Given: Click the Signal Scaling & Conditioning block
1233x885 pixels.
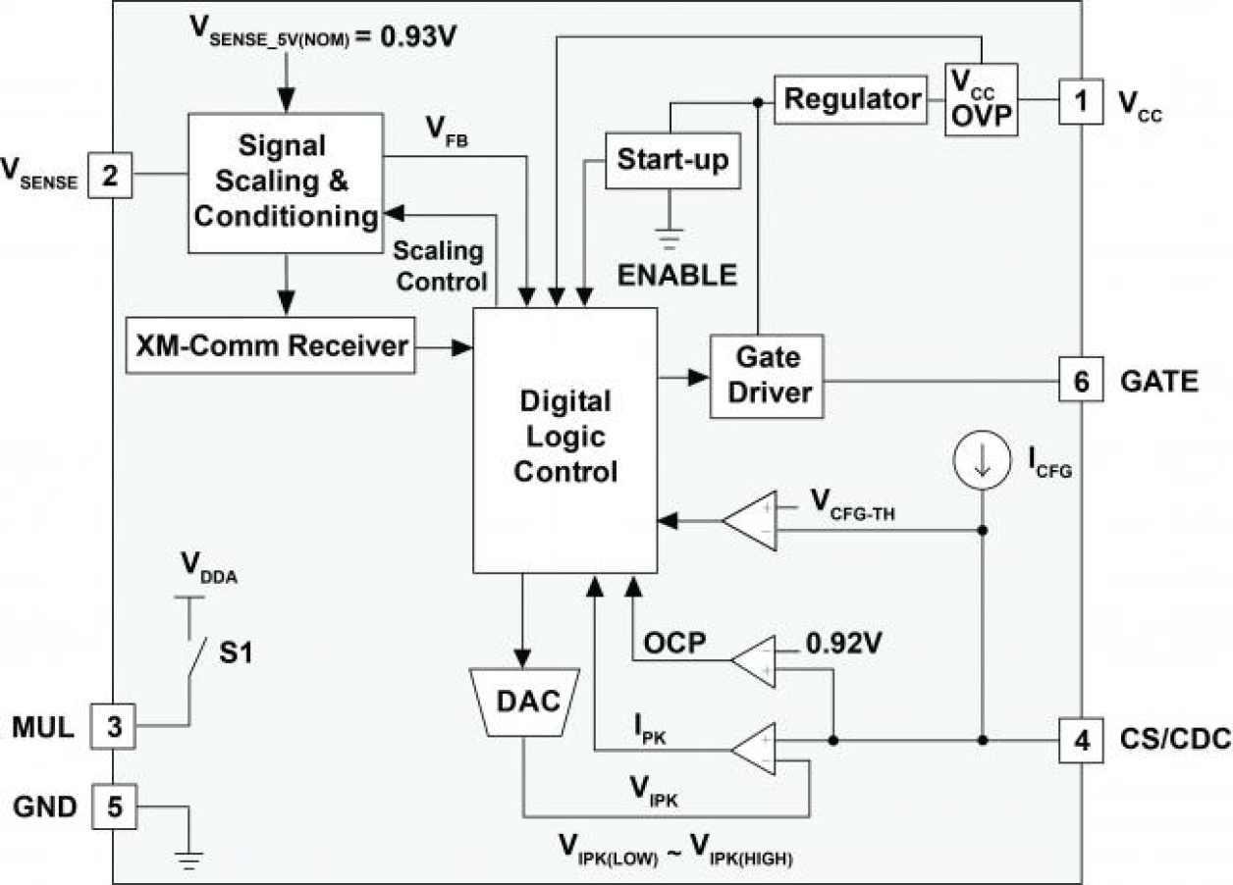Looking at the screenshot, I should pyautogui.click(x=285, y=182).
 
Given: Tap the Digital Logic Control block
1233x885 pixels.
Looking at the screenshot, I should pyautogui.click(x=564, y=437).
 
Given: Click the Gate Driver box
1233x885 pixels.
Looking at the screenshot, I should pyautogui.click(x=766, y=377).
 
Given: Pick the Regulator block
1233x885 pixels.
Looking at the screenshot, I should pyautogui.click(x=852, y=99).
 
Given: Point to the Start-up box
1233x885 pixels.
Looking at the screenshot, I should pyautogui.click(x=672, y=159).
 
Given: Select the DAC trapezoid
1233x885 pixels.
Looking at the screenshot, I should pyautogui.click(x=526, y=701).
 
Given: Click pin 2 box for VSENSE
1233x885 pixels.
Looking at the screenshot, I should pyautogui.click(x=110, y=177).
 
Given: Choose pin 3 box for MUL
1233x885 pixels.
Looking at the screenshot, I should pyautogui.click(x=115, y=726).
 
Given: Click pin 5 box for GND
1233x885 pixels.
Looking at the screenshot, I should pyautogui.click(x=115, y=807).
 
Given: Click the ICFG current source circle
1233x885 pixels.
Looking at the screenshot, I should pyautogui.click(x=981, y=458).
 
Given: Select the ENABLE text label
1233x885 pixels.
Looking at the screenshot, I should pyautogui.click(x=676, y=275).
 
